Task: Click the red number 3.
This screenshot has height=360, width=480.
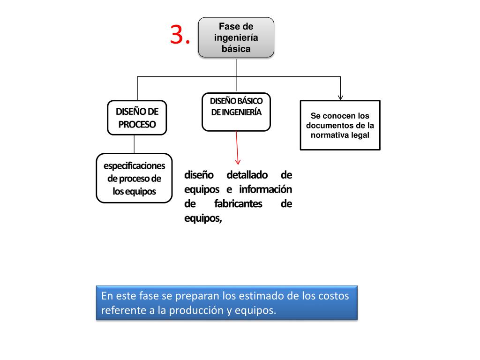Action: click(x=180, y=35)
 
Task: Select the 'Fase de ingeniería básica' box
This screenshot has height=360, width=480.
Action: click(x=236, y=37)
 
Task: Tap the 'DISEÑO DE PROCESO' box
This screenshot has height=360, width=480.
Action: click(x=137, y=118)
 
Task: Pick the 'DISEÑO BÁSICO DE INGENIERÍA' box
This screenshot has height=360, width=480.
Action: click(x=236, y=112)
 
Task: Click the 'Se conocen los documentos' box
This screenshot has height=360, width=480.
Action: click(x=340, y=125)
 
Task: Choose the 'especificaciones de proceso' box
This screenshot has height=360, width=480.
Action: click(x=134, y=178)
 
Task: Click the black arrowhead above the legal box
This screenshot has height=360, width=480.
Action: click(x=340, y=96)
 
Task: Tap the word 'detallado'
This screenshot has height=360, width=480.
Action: click(x=247, y=175)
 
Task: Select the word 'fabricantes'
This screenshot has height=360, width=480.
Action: click(x=238, y=204)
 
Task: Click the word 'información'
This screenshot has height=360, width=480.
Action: click(x=265, y=189)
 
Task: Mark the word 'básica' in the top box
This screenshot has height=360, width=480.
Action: click(x=236, y=48)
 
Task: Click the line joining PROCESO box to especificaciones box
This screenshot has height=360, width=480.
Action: click(x=134, y=144)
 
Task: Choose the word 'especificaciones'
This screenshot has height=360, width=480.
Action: click(x=134, y=166)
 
